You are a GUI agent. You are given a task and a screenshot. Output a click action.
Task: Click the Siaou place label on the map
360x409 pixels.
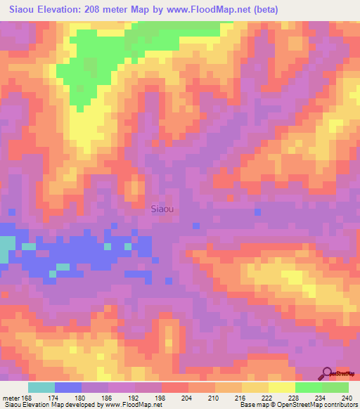click(162, 208)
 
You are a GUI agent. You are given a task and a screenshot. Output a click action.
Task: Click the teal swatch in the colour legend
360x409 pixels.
click(41, 387)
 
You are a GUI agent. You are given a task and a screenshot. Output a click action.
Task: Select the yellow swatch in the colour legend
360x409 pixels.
click(282, 387)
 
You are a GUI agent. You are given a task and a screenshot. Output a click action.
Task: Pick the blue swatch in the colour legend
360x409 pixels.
click(68, 387)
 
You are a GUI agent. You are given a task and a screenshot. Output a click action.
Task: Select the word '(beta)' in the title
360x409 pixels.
click(265, 10)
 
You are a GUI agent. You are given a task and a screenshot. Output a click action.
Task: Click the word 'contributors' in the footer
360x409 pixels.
click(341, 405)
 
